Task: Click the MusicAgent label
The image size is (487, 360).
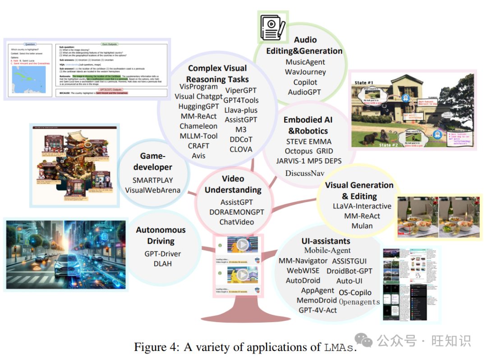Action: pos(305,62)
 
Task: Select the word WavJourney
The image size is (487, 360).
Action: pos(305,72)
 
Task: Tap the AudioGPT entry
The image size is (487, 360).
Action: pos(305,92)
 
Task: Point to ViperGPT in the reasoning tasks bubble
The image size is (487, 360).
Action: pos(241,90)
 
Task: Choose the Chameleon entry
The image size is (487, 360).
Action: pos(198,126)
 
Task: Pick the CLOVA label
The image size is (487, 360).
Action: pos(241,149)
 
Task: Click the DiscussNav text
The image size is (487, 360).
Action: pos(304,173)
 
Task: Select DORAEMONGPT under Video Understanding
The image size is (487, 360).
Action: pos(237,212)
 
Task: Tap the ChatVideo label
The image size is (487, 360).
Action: pos(237,222)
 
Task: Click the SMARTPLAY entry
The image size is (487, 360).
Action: pos(153,180)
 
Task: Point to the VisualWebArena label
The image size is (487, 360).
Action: pos(153,190)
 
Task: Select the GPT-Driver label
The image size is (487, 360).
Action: pos(162,254)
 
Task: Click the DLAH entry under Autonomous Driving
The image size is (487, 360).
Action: pos(162,263)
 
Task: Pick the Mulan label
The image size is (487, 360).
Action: pos(362,226)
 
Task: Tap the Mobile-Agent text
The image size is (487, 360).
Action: pos(327,250)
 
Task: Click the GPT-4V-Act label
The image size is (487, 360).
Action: pos(318,310)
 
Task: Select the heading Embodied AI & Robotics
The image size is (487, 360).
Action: pos(308,125)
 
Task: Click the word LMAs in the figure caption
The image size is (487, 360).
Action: pos(338,347)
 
